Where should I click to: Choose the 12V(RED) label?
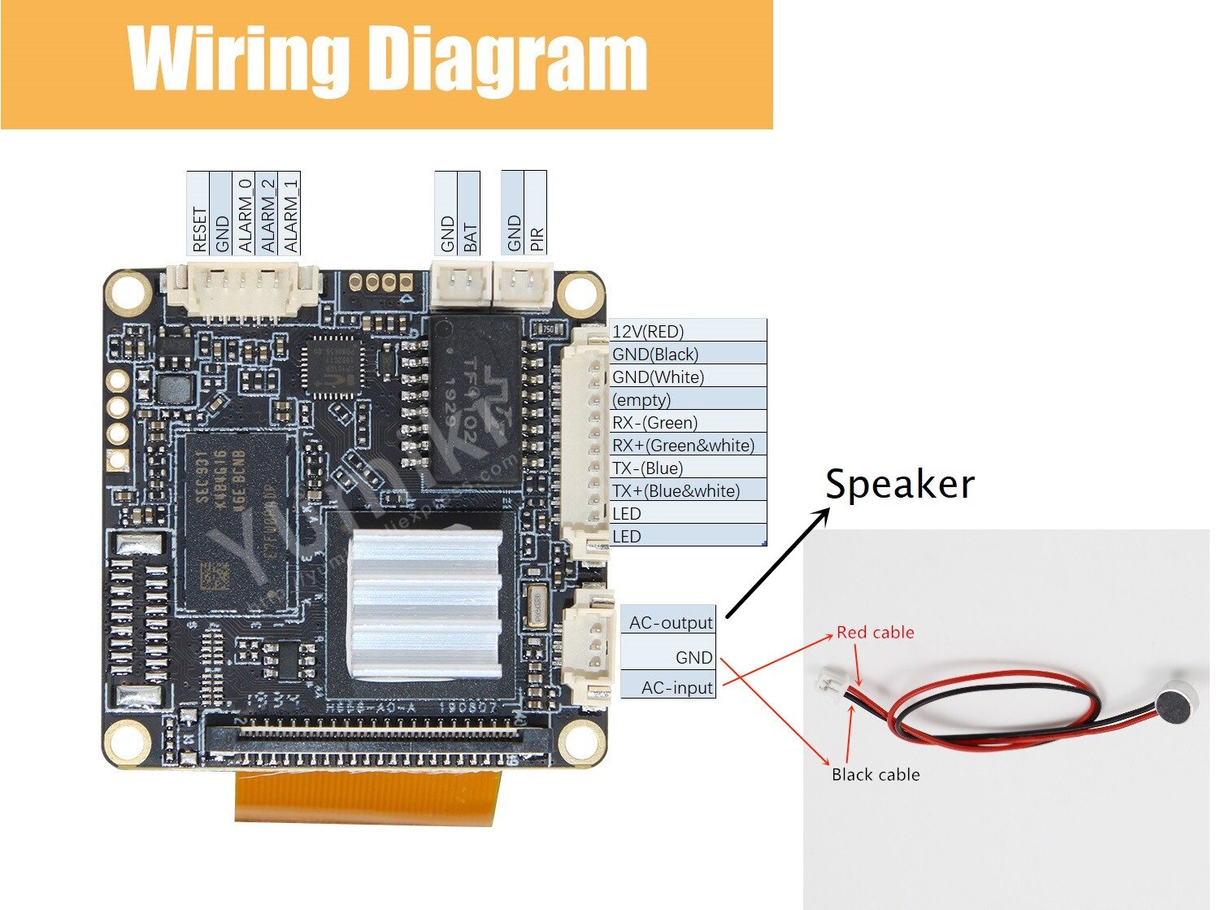[648, 331]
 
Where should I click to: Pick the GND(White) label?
[658, 377]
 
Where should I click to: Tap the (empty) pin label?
[641, 399]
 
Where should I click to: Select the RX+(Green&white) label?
[683, 445]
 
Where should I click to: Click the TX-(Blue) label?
[647, 468]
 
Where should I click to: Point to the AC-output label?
[671, 623]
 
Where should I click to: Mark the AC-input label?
[676, 687]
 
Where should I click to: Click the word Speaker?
[899, 485]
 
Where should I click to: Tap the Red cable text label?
[875, 632]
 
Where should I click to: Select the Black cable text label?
[876, 774]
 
